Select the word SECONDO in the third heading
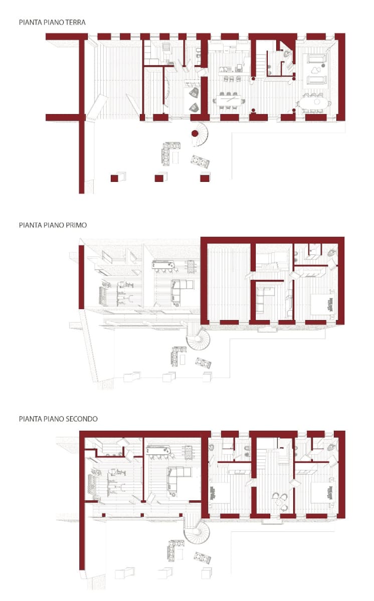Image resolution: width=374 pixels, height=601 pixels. tap(81, 419)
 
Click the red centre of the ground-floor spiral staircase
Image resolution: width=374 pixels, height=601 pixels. tap(195, 133)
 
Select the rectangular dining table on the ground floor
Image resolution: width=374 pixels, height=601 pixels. tap(229, 101)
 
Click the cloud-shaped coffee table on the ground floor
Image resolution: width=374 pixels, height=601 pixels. tap(315, 71)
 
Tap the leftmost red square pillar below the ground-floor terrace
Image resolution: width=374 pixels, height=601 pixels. tap(114, 178)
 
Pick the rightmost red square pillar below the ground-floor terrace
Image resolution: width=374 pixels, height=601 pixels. tap(205, 178)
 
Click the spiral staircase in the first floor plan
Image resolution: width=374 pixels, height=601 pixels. tap(199, 340)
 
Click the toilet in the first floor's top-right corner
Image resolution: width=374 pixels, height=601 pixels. tap(332, 252)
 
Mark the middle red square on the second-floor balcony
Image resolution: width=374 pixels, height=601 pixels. tap(142, 515)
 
